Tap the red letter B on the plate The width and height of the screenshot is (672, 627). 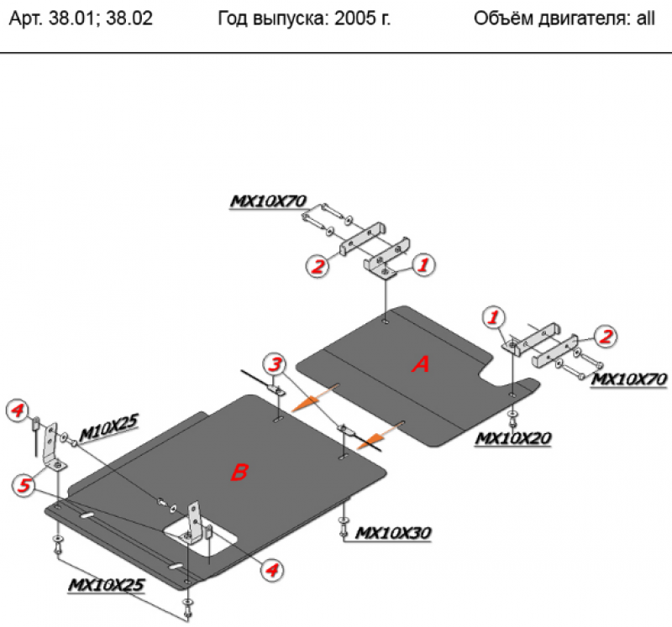point(239,473)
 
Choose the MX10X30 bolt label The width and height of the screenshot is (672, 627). point(393,532)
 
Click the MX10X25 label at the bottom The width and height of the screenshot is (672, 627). point(107,584)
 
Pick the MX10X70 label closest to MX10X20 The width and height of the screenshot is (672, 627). point(629,379)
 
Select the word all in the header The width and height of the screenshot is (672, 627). point(644,18)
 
